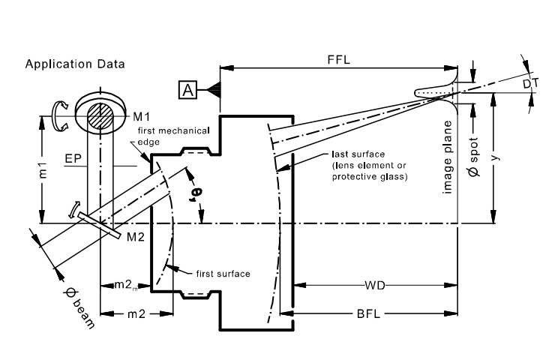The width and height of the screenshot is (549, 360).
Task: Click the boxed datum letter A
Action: (187, 90)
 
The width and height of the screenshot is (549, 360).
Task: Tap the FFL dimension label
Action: (338, 60)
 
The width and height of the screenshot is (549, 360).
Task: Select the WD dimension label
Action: (375, 286)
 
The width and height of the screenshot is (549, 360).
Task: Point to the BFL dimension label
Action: (368, 313)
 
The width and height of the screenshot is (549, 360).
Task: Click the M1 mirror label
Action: (142, 116)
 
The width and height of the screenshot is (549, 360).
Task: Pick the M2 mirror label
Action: (136, 237)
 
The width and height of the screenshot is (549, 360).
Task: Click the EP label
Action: (73, 159)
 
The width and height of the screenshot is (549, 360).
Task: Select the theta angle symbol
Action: (196, 193)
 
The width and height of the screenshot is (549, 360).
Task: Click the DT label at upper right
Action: (531, 84)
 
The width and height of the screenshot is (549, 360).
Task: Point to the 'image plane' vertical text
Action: (447, 157)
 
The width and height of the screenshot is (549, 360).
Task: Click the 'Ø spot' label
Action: (473, 157)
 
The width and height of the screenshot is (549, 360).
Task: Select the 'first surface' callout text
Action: (223, 274)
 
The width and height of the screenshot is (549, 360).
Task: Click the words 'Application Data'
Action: (75, 64)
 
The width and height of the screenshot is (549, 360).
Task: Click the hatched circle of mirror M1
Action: (100, 115)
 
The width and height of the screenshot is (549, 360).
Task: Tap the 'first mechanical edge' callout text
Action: (174, 136)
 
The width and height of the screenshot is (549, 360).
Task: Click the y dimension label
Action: (493, 157)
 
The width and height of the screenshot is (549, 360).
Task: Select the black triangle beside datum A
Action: (214, 90)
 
